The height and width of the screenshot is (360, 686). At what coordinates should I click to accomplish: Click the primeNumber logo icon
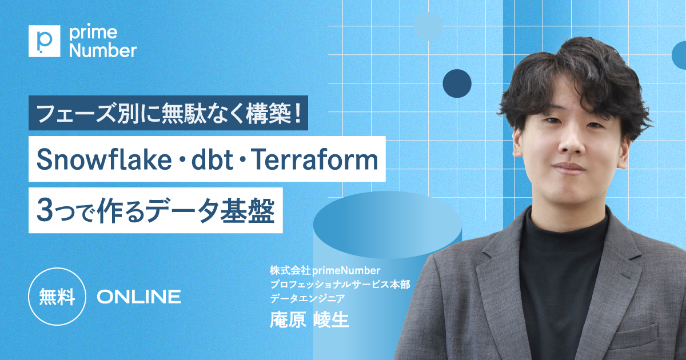tap(44, 41)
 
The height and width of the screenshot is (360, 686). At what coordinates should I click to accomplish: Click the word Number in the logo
tap(102, 50)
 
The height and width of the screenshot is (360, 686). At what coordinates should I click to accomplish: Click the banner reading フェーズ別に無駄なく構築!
tap(168, 113)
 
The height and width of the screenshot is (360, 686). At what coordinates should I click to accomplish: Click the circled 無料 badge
tap(57, 297)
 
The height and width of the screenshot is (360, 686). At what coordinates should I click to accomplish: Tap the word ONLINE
tap(139, 297)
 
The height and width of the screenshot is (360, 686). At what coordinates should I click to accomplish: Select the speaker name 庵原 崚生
tap(309, 319)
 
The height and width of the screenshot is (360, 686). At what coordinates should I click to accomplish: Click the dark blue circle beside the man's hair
tap(457, 83)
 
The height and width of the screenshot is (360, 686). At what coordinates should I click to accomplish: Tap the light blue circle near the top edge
tap(428, 26)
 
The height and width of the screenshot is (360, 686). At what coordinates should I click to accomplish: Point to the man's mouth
tap(568, 167)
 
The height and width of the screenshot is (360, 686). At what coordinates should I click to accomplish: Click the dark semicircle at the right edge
tap(680, 55)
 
